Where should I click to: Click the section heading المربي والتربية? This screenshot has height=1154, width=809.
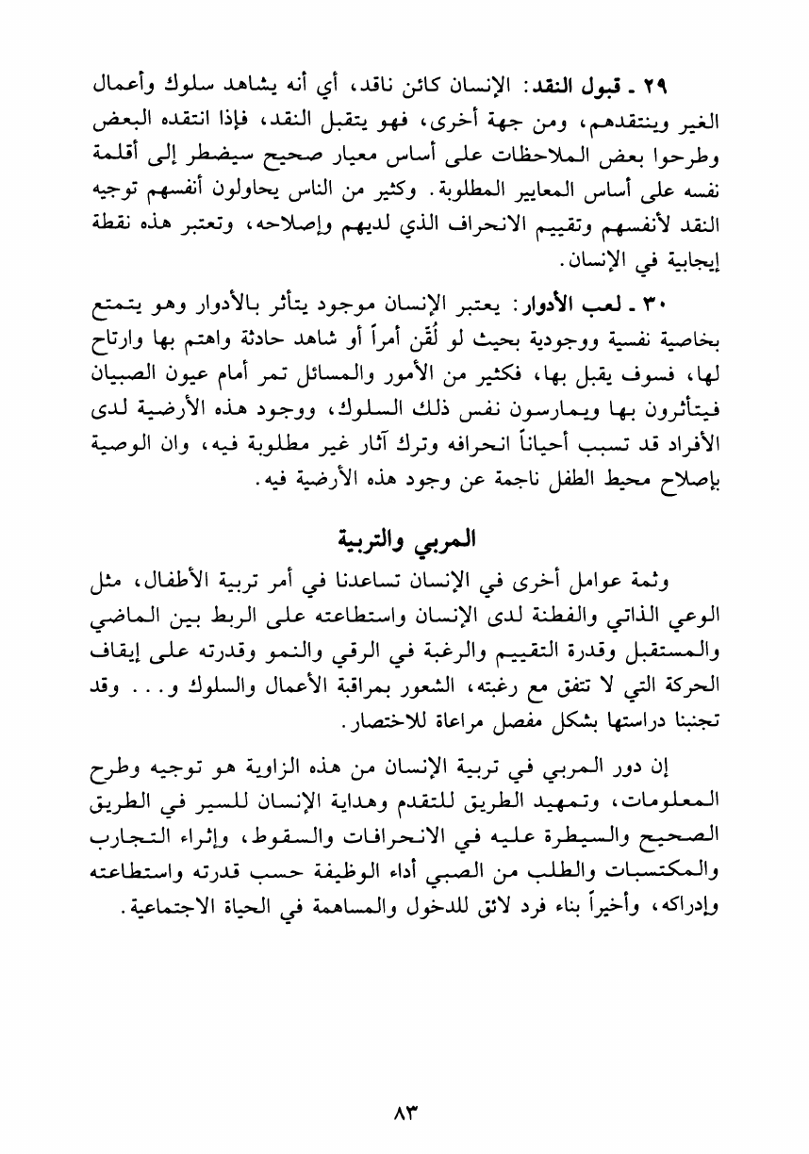405,543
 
